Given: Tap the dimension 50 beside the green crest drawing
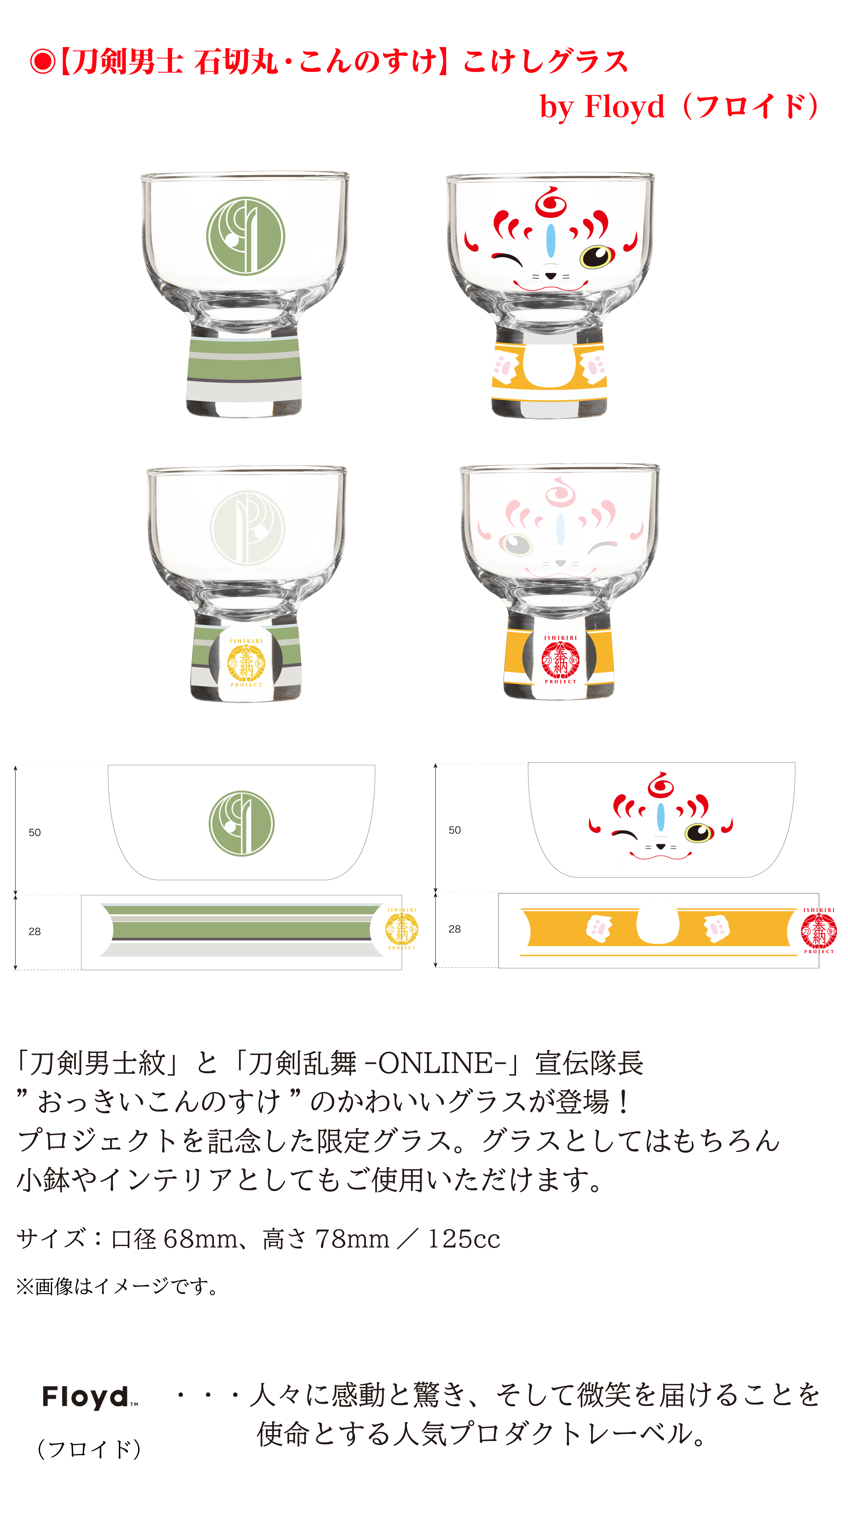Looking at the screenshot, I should pyautogui.click(x=35, y=832).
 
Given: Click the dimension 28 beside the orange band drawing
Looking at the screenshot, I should pyautogui.click(x=454, y=929).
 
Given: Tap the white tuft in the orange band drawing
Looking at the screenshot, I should pyautogui.click(x=658, y=922).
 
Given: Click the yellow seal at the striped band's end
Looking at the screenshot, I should pyautogui.click(x=402, y=929).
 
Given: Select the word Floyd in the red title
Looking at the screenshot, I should pyautogui.click(x=625, y=107).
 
